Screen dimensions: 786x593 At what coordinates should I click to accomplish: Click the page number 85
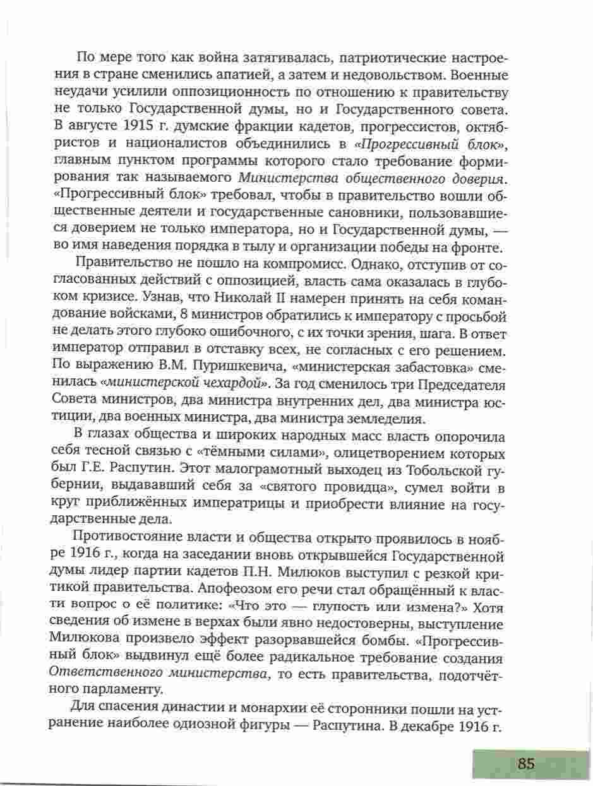click(526, 763)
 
